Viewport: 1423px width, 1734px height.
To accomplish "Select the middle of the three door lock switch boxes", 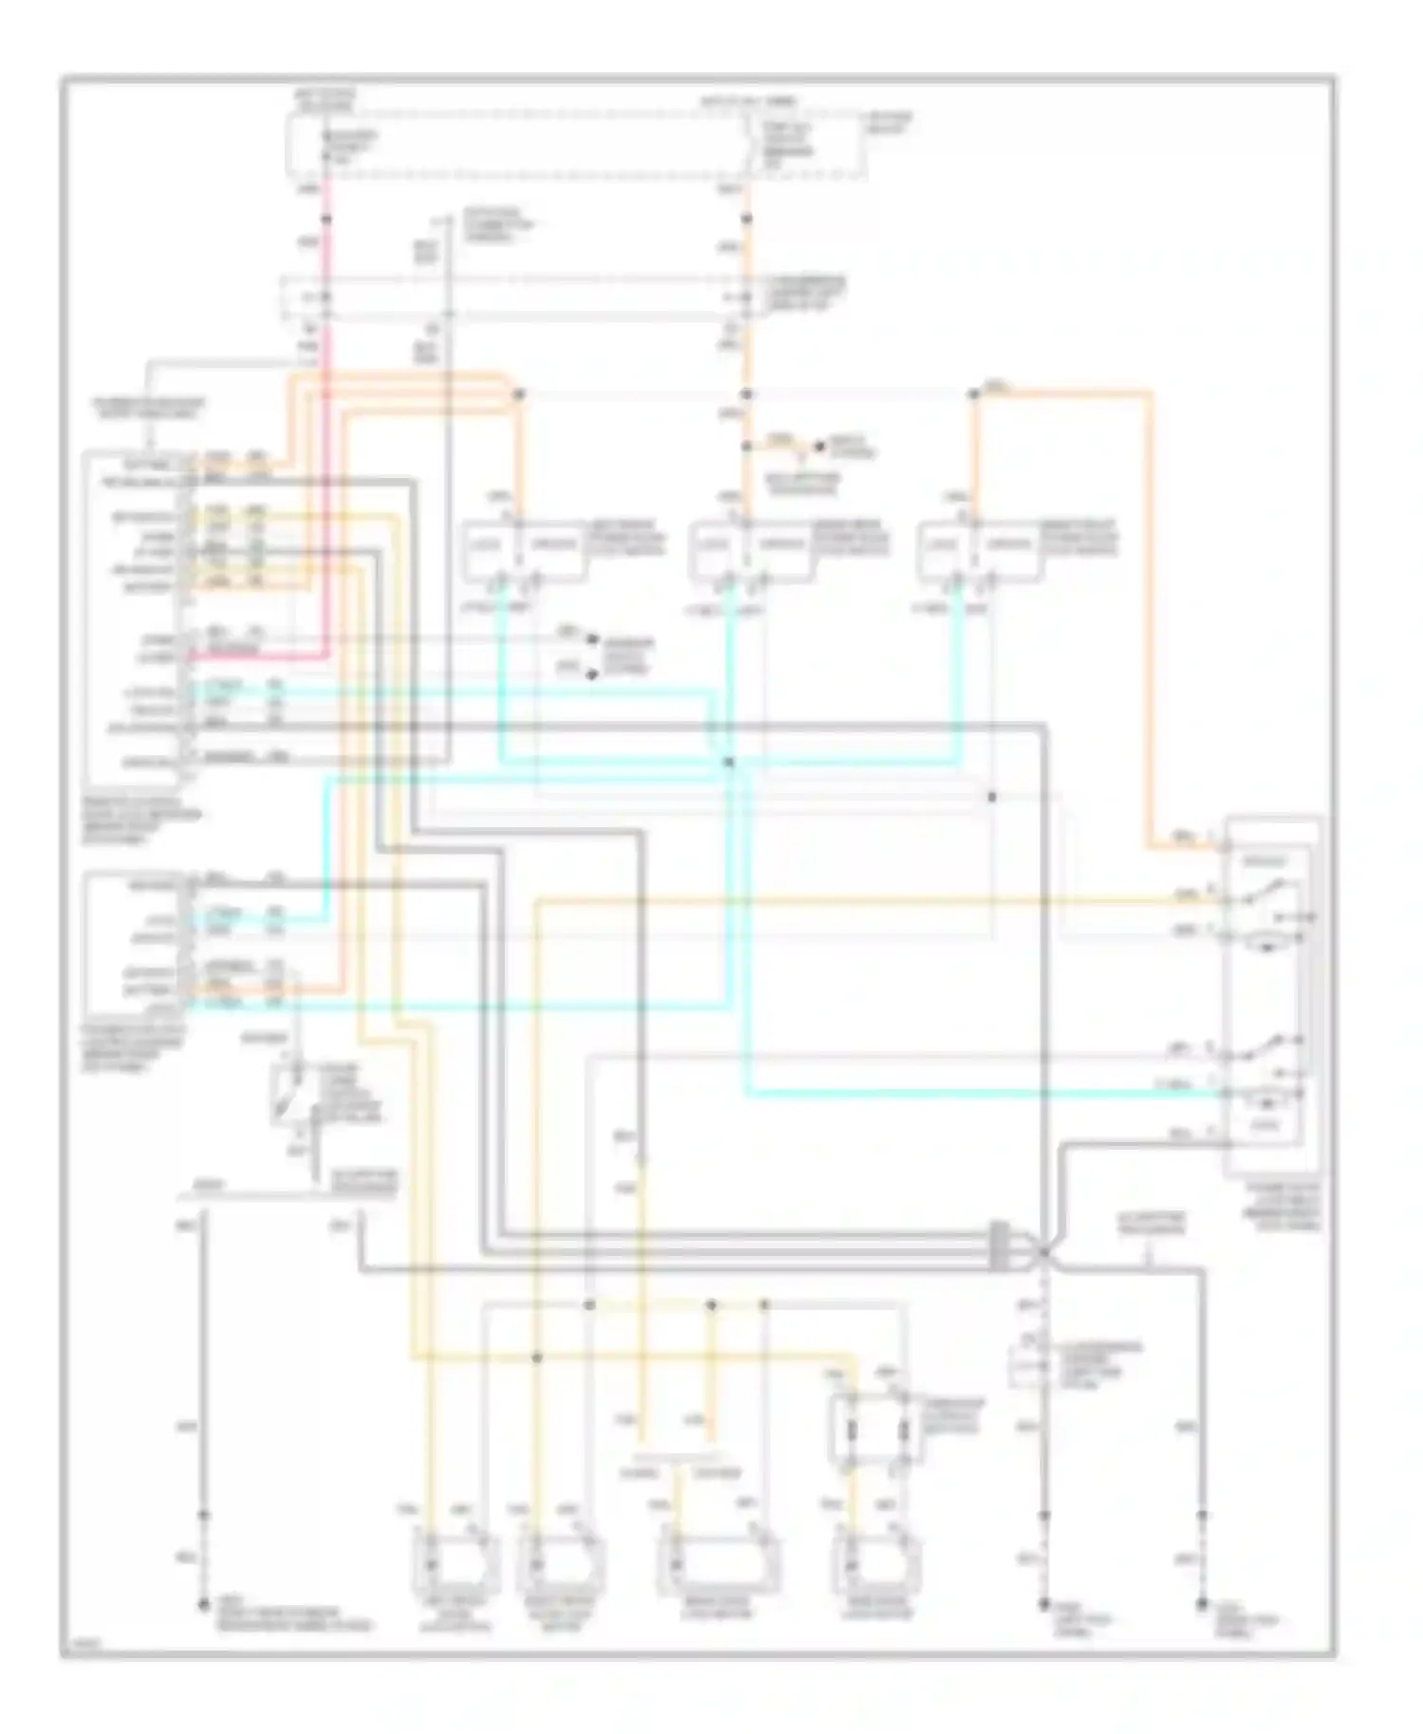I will pyautogui.click(x=751, y=550).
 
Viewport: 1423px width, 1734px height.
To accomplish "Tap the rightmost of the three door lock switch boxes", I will pyautogui.click(x=980, y=550).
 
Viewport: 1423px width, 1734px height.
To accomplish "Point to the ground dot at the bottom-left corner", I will pyautogui.click(x=202, y=1605).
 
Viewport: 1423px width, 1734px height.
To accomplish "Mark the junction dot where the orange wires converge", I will pyautogui.click(x=519, y=394).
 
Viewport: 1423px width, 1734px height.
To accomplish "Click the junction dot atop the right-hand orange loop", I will pyautogui.click(x=973, y=394).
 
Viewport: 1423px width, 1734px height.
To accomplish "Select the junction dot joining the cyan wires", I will pyautogui.click(x=729, y=762).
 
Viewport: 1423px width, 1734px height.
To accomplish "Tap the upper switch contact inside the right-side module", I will pyautogui.click(x=1266, y=892).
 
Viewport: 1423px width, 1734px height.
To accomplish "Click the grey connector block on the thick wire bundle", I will pyautogui.click(x=998, y=1245).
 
